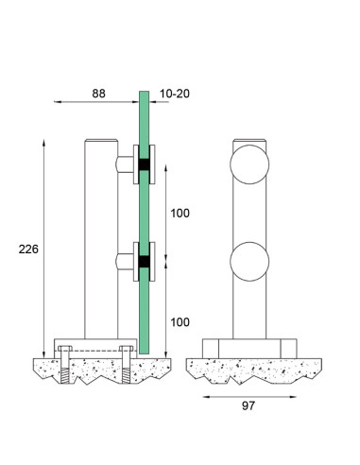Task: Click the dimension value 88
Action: click(x=98, y=94)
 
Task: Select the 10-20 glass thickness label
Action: click(x=175, y=94)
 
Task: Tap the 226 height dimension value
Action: click(x=28, y=250)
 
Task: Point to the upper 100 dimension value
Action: click(x=180, y=214)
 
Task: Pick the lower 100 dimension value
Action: click(x=180, y=322)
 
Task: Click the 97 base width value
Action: click(x=249, y=405)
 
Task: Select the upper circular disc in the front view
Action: click(x=249, y=164)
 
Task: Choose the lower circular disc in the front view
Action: click(x=249, y=262)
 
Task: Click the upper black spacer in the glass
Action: click(x=145, y=164)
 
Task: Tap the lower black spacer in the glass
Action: click(x=145, y=262)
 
